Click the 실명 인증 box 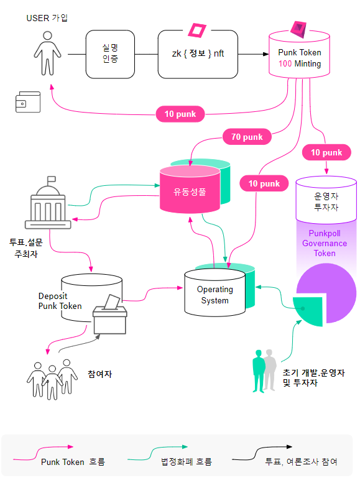click(110, 54)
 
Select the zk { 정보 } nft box click(198, 54)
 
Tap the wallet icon click(28, 102)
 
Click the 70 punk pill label click(247, 137)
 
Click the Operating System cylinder click(215, 293)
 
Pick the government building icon click(48, 203)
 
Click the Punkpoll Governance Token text click(325, 243)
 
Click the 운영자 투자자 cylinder click(326, 200)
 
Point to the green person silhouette click(258, 371)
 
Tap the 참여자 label click(99, 374)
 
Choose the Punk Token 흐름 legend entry click(58, 456)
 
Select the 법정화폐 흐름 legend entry click(170, 456)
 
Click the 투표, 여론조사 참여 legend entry click(285, 456)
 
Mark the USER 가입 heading click(47, 18)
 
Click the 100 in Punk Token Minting click(285, 64)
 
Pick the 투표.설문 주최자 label click(26, 248)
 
